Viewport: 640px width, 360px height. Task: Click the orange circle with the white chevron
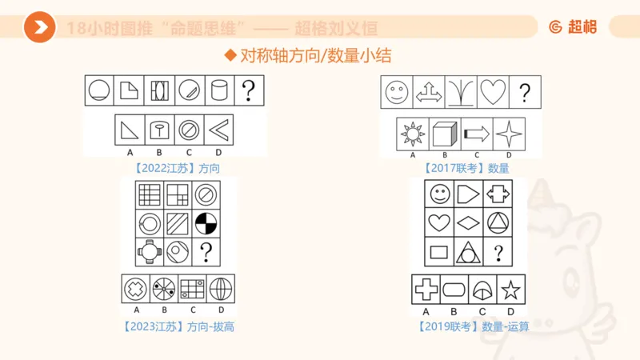coord(38,27)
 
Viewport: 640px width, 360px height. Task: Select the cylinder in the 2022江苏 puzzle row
coord(219,90)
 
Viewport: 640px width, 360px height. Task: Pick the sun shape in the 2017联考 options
coord(413,133)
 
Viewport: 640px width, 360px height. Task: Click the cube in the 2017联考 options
coord(445,133)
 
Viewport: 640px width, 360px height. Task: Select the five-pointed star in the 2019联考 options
coord(509,290)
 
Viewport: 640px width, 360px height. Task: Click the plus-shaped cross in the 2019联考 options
coord(426,290)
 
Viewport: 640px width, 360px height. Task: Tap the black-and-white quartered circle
coord(206,223)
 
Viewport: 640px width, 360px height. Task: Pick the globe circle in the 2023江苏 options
coord(220,289)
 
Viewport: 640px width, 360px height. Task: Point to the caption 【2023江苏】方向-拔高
coord(178,326)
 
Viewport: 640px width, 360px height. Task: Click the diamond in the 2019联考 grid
coord(469,223)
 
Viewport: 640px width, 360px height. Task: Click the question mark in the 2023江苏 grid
coord(206,253)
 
